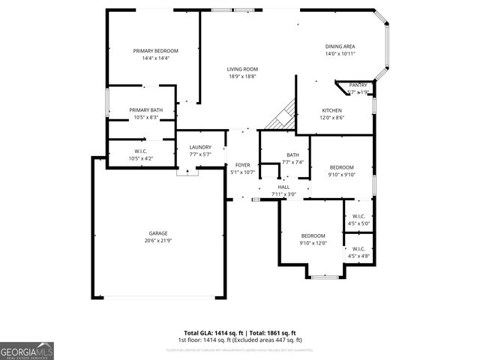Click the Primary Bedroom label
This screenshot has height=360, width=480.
pos(156,51)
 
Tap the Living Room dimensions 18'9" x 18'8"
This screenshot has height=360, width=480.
pos(242,76)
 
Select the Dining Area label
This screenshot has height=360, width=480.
pos(340,46)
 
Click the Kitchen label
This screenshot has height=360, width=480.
pos(332,109)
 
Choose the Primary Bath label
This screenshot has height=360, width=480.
pos(141,110)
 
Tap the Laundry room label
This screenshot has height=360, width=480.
pos(200,147)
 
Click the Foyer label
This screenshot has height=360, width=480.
pos(242,165)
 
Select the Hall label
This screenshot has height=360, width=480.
pos(283,187)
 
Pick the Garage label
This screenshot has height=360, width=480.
pos(157,232)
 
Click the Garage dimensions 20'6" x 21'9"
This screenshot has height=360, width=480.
pos(157,240)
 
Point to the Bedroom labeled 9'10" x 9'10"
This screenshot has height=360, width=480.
pos(341,167)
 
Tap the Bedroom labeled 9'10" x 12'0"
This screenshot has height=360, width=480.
pos(313,235)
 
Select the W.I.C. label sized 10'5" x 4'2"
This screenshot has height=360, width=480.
pos(141,151)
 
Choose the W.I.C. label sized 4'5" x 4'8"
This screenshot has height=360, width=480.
pos(358,249)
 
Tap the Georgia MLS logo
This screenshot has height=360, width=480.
pos(27,350)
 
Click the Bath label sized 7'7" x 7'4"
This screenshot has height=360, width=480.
pos(292,155)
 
